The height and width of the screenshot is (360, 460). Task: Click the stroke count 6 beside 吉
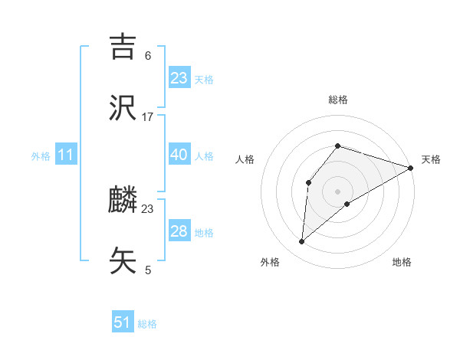click(148, 55)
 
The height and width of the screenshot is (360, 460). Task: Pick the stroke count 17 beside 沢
click(148, 117)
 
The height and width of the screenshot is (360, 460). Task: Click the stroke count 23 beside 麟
click(148, 208)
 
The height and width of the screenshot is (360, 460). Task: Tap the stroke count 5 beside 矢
click(148, 270)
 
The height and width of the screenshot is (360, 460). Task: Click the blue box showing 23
click(179, 77)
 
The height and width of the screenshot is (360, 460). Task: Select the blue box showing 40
click(179, 155)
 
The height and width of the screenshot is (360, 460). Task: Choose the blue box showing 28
click(179, 231)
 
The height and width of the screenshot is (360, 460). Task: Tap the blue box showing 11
click(66, 155)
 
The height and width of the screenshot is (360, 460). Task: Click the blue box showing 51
click(123, 322)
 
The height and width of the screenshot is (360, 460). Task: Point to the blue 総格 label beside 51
click(147, 324)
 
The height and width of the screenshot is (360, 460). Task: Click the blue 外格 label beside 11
click(41, 156)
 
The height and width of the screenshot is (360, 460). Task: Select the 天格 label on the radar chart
click(431, 159)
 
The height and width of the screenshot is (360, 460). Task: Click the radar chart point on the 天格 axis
click(411, 168)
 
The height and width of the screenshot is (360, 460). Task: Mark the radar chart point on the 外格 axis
click(302, 242)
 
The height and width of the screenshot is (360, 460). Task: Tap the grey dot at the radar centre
click(337, 191)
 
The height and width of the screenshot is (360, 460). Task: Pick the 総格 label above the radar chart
click(338, 100)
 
